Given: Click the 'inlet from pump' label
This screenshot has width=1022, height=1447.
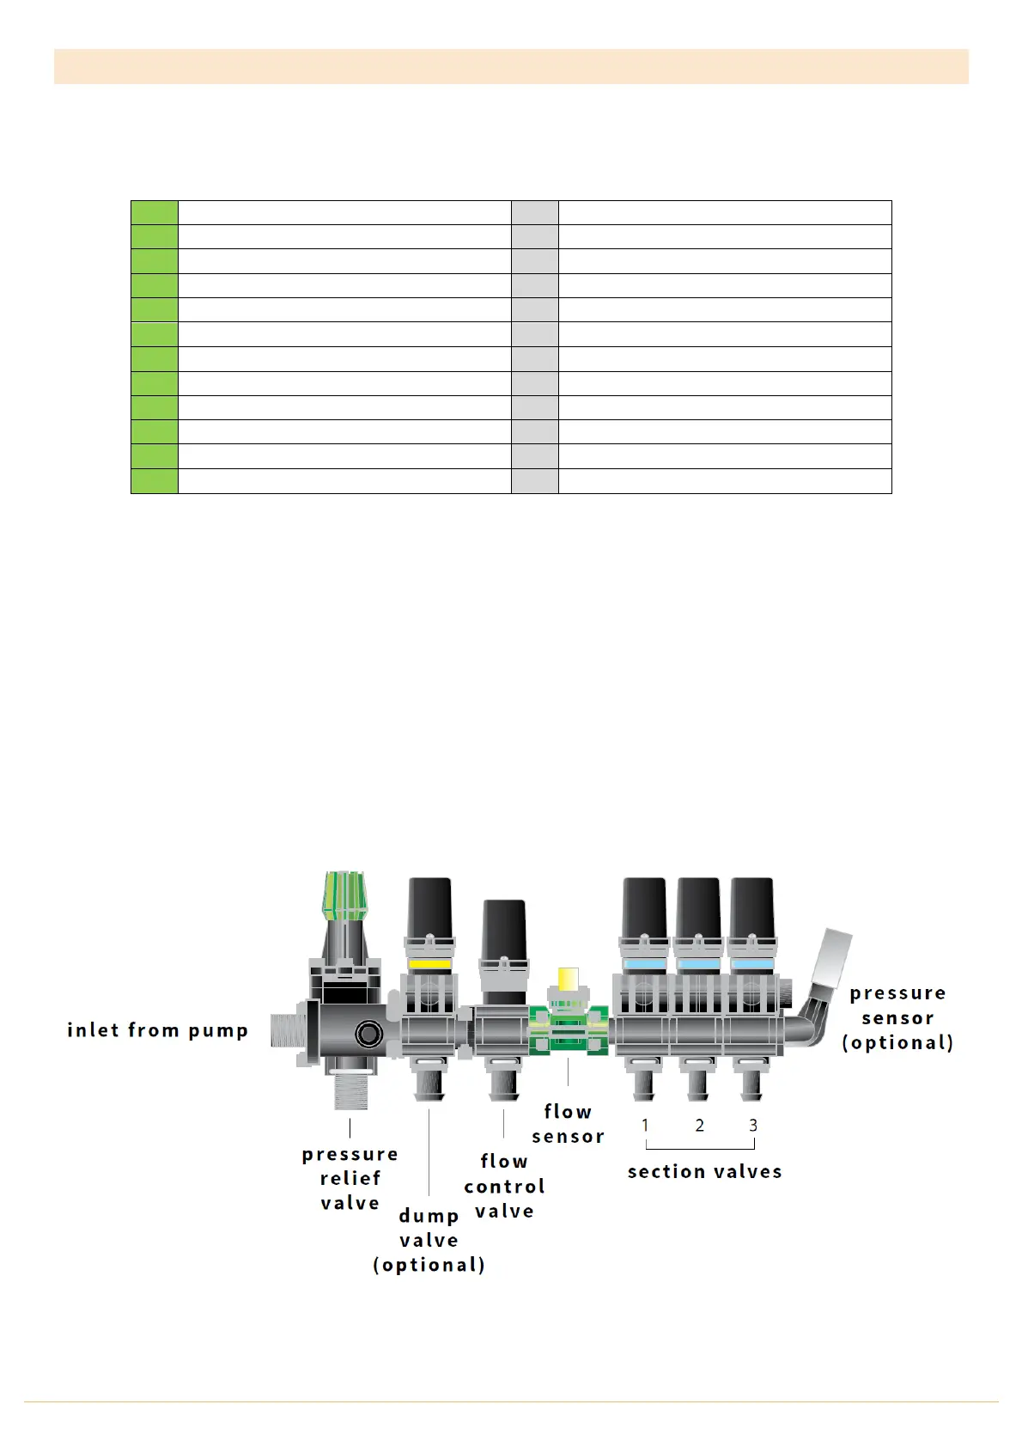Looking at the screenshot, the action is point(157,1030).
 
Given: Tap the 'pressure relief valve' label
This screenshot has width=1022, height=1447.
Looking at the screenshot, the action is point(350,1178).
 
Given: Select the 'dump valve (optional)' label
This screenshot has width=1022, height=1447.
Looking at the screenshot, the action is point(429,1240).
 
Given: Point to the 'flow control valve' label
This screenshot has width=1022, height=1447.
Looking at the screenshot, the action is point(504,1186).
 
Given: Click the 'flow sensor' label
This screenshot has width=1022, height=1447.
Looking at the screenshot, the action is point(568,1124).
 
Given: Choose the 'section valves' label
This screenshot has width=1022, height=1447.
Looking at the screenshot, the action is point(704,1171).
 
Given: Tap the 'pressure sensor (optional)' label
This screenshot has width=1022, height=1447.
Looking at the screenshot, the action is point(897,1017).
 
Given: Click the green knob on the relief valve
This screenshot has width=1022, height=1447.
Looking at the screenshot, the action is point(344,894).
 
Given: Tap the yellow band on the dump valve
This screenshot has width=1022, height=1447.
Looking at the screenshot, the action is point(429,964).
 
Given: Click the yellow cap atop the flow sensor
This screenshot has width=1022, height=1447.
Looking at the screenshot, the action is point(568,978).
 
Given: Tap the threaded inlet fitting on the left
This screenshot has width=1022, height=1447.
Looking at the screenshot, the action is point(288,1030).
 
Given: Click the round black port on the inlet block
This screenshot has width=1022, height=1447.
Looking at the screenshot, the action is point(369,1034).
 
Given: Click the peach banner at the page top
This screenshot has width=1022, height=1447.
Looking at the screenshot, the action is point(511,66).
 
